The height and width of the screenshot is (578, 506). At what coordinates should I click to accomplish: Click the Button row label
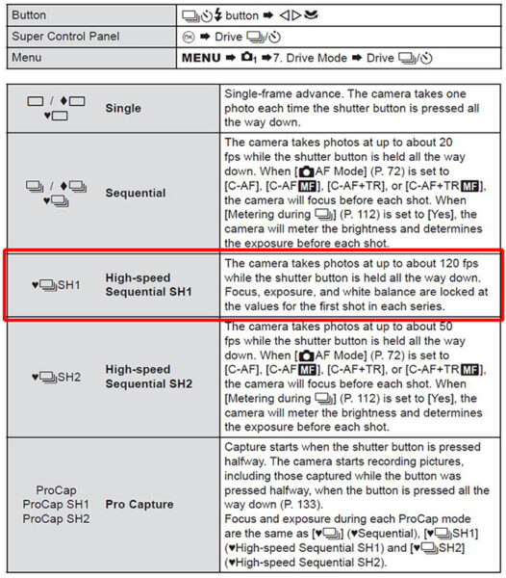(29, 15)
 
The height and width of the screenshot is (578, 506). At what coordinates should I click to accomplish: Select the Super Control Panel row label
(65, 37)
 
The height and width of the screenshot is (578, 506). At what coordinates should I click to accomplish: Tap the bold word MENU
(201, 58)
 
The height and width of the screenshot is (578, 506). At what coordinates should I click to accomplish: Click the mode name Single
(123, 108)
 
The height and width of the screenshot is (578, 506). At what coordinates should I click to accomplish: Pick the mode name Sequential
(136, 193)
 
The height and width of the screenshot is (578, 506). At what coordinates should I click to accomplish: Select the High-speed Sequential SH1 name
(149, 284)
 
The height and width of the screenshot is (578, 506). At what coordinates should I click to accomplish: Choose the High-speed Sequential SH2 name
(149, 377)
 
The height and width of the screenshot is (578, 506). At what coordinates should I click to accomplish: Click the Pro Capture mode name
(139, 504)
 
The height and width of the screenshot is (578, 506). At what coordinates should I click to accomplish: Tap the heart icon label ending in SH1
(56, 284)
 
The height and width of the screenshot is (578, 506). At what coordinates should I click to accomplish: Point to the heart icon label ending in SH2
(56, 377)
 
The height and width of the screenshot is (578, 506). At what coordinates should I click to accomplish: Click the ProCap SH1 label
(56, 504)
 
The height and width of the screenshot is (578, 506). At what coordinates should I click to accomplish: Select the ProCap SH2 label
(56, 518)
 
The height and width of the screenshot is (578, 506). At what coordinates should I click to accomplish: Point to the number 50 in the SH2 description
(445, 327)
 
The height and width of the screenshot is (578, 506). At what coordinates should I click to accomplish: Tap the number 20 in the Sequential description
(445, 143)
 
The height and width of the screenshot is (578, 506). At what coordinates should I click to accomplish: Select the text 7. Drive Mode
(310, 58)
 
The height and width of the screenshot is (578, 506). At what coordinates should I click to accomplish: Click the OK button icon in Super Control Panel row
(189, 37)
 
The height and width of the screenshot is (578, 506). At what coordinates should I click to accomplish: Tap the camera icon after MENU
(248, 58)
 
